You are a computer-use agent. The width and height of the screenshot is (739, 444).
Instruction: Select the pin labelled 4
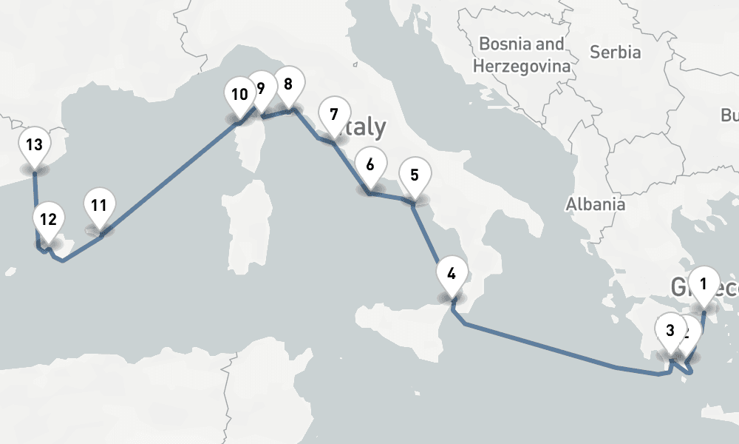pyautogui.click(x=452, y=273)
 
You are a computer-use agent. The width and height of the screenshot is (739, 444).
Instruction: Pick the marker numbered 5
pyautogui.click(x=414, y=176)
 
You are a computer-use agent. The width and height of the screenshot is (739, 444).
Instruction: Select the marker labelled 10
pyautogui.click(x=239, y=95)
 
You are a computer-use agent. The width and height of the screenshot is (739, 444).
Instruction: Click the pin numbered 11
pyautogui.click(x=100, y=205)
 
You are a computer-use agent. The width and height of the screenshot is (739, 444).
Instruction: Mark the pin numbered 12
pyautogui.click(x=48, y=220)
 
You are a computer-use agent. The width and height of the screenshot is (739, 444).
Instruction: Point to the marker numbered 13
pyautogui.click(x=33, y=145)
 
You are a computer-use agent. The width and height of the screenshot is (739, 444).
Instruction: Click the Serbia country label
pyautogui.click(x=615, y=53)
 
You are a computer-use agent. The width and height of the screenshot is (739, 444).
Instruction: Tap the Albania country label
pyautogui.click(x=596, y=205)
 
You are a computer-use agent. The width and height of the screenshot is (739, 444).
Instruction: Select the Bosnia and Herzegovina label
pyautogui.click(x=522, y=55)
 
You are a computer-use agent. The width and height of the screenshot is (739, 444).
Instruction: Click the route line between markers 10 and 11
pyautogui.click(x=170, y=173)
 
